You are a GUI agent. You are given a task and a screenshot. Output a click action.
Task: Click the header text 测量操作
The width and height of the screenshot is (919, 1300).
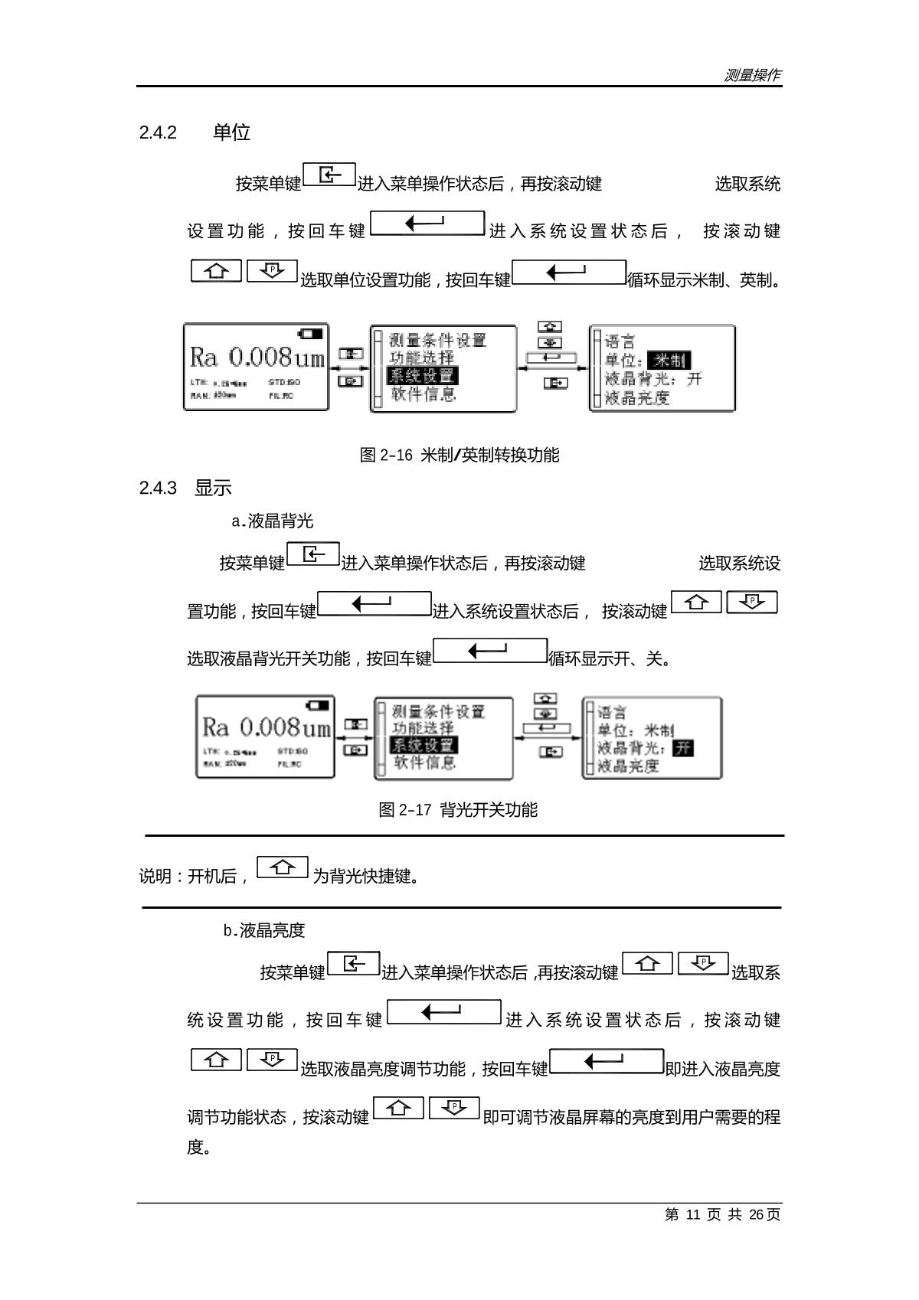752,75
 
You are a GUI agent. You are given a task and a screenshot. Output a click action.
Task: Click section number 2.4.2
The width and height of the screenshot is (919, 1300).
158,133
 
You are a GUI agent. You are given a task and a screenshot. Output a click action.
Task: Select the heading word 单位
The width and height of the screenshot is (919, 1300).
231,133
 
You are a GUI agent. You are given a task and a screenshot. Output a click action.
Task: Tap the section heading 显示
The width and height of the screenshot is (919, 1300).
213,488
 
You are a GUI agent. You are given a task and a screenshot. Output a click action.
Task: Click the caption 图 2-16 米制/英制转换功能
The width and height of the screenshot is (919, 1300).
459,456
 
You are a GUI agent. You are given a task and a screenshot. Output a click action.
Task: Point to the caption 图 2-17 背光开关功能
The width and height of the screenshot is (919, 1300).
458,810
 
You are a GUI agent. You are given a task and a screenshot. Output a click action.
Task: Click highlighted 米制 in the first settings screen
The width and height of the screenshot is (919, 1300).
669,361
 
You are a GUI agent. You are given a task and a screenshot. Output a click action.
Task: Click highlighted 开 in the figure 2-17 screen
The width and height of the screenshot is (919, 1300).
682,748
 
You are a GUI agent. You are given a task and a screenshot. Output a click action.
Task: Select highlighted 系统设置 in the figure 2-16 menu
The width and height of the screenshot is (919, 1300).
423,376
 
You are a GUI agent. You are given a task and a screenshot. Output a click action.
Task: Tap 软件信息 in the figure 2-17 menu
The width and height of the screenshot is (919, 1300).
425,763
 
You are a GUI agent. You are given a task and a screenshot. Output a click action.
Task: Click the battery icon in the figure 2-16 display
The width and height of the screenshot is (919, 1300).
311,333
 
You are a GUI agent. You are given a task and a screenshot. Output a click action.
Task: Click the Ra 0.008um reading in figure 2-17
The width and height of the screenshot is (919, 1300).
266,727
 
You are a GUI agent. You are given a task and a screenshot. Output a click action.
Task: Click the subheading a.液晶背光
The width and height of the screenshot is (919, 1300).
272,522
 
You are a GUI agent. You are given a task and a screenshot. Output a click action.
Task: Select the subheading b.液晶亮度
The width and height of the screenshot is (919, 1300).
264,931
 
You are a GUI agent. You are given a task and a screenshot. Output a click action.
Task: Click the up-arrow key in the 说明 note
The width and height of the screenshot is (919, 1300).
283,867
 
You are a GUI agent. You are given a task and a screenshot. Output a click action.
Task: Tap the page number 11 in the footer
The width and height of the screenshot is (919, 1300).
694,1215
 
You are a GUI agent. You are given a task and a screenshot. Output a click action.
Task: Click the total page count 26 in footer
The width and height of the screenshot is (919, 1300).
757,1215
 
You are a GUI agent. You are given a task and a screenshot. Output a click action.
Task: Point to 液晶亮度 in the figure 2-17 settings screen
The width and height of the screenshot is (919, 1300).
628,766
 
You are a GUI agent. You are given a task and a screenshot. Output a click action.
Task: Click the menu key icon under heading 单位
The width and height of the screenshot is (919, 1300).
329,175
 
